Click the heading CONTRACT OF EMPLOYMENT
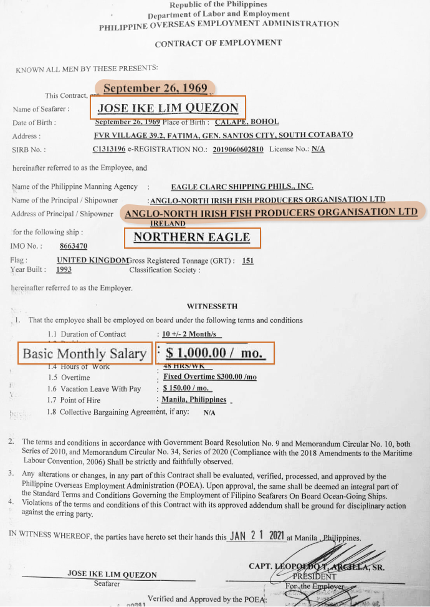(x=218, y=43)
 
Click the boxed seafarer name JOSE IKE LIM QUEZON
(x=168, y=108)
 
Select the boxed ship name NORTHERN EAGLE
(x=192, y=237)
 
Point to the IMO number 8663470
(x=74, y=247)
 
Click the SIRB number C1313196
(x=109, y=150)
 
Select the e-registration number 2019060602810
(x=238, y=150)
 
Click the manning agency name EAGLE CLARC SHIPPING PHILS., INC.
(x=242, y=186)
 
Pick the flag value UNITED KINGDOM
(x=92, y=260)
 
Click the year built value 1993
(x=64, y=270)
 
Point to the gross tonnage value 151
(x=247, y=260)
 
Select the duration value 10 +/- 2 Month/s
(x=189, y=334)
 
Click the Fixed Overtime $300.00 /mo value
(x=210, y=377)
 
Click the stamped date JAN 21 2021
(x=257, y=536)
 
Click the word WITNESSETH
(x=212, y=307)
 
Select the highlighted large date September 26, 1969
(x=155, y=88)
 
